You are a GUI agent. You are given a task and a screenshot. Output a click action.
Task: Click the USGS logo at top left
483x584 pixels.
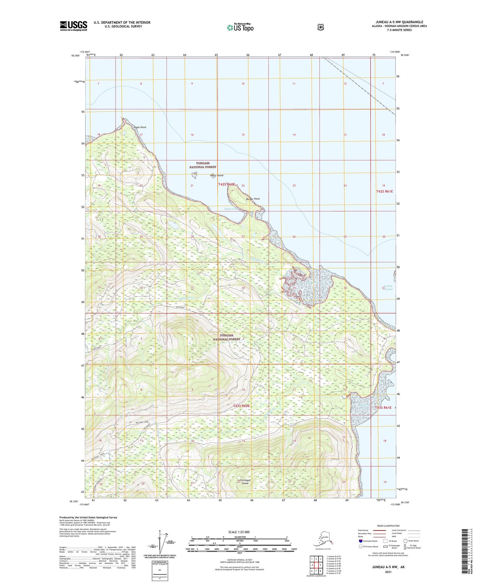pos(74,26)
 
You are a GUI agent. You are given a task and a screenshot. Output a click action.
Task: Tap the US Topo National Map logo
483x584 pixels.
pos(240,27)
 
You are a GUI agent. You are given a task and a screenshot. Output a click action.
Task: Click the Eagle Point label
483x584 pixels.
pos(140,127)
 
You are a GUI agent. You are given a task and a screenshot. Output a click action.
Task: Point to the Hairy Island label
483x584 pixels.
pos(217,176)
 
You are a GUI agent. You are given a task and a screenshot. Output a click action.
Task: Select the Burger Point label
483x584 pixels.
pos(253,199)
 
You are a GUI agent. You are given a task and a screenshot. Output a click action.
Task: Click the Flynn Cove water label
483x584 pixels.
pos(230,209)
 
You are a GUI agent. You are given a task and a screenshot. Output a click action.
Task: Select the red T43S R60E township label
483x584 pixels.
pos(241,406)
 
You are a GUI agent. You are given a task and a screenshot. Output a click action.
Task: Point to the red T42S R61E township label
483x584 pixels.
pos(384,191)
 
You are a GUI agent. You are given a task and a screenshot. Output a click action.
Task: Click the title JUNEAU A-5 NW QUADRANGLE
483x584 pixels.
pos(399,22)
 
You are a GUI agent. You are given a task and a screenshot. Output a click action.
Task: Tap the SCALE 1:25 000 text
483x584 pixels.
pos(239,532)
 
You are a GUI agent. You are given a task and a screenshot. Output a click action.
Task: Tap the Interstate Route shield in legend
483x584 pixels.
pos(360,541)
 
